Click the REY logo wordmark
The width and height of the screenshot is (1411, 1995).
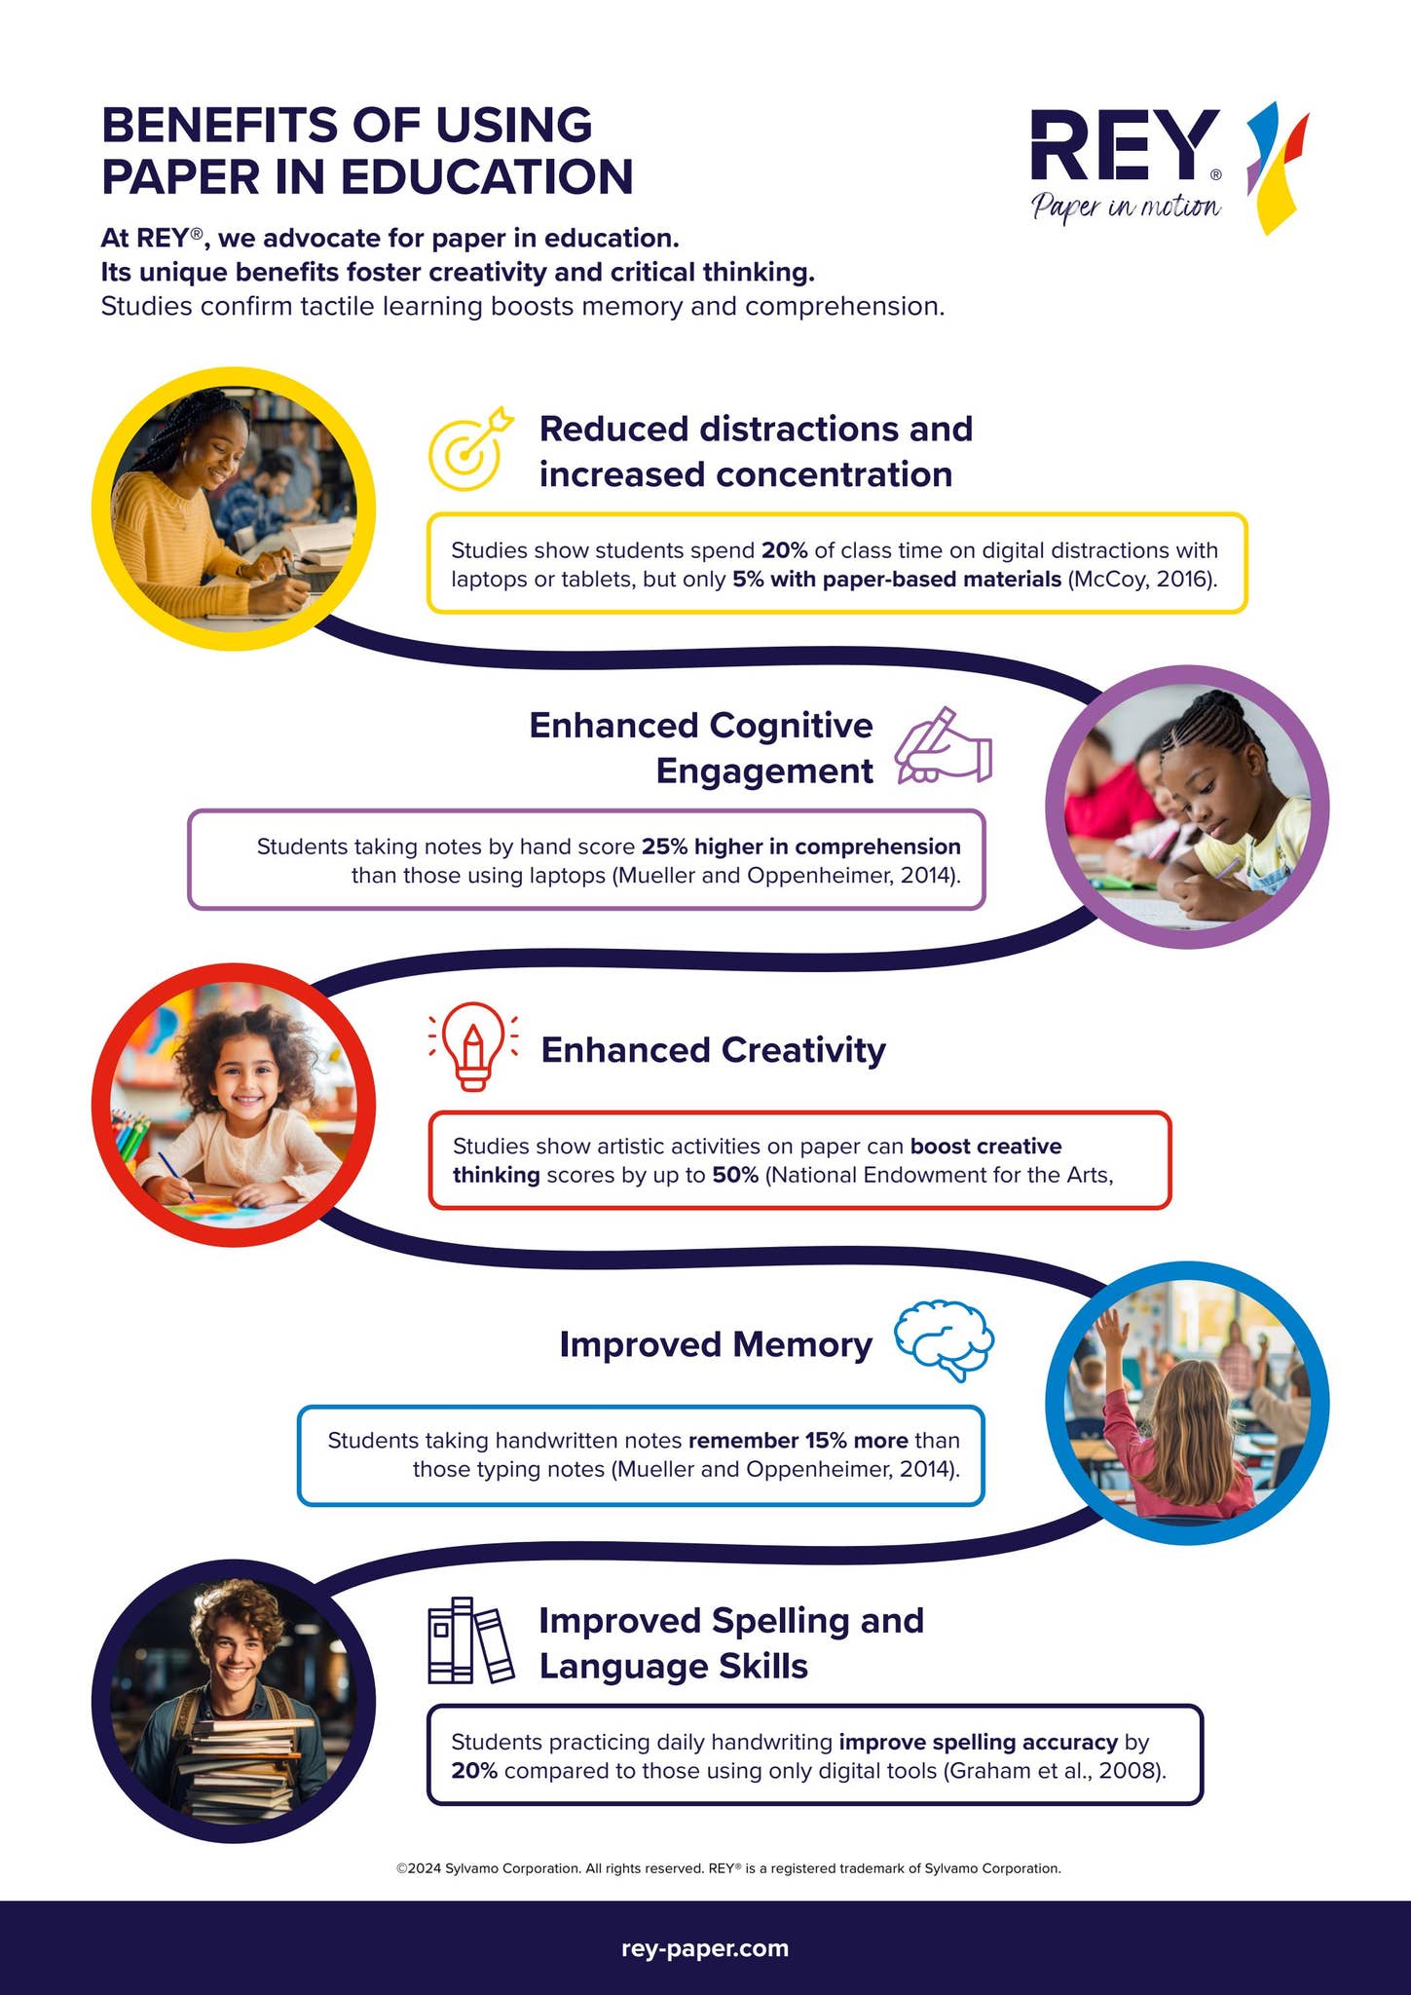(1125, 145)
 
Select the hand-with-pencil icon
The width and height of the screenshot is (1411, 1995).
(943, 746)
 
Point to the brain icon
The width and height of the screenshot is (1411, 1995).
(944, 1340)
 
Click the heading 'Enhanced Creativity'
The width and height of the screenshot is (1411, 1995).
(713, 1050)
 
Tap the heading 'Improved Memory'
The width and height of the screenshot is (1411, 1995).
(716, 1344)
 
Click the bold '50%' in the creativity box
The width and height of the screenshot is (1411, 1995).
(735, 1175)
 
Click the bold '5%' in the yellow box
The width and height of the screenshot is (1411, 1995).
(748, 580)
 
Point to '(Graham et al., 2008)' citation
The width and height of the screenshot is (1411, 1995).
(1055, 1770)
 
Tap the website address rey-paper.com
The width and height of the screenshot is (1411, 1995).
(705, 1947)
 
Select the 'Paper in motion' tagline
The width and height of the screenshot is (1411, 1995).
(1126, 207)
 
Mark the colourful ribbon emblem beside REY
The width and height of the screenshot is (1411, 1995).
(1277, 168)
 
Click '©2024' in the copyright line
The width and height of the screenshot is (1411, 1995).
(419, 1868)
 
